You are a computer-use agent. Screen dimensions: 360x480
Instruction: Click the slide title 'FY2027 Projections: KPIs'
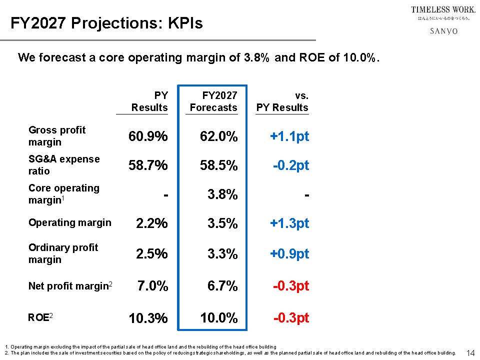pos(107,23)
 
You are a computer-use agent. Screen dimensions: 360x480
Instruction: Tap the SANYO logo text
pos(443,31)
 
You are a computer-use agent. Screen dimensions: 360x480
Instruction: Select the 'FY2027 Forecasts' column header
pos(213,101)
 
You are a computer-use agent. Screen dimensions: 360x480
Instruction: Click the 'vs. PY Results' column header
pos(282,101)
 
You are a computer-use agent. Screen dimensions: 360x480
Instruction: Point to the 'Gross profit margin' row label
pos(57,136)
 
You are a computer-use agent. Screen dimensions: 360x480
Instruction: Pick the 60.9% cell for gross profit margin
pos(148,136)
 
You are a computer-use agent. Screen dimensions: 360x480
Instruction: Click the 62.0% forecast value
pos(218,136)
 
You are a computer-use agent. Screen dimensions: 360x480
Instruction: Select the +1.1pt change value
pos(289,136)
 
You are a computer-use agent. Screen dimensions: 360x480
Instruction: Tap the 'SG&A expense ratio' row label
pos(64,165)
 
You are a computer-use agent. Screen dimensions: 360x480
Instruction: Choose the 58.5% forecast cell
pos(218,165)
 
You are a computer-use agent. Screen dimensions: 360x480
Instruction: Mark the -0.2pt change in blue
pos(291,165)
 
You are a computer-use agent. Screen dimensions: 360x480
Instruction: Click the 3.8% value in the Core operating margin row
pos(222,194)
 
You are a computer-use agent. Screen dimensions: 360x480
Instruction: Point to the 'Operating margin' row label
pos(70,222)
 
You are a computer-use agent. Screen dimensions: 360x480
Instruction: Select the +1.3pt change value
pos(289,223)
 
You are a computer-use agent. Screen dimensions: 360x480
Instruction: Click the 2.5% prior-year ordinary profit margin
pos(152,254)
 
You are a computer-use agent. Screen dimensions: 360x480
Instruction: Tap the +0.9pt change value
pos(289,254)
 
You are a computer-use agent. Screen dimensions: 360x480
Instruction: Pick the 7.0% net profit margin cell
pos(152,286)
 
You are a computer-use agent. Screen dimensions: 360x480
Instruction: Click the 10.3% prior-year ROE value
pos(148,318)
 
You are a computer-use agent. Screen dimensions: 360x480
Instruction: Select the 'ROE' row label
pos(37,316)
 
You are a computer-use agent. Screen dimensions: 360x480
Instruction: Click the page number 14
pos(470,353)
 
